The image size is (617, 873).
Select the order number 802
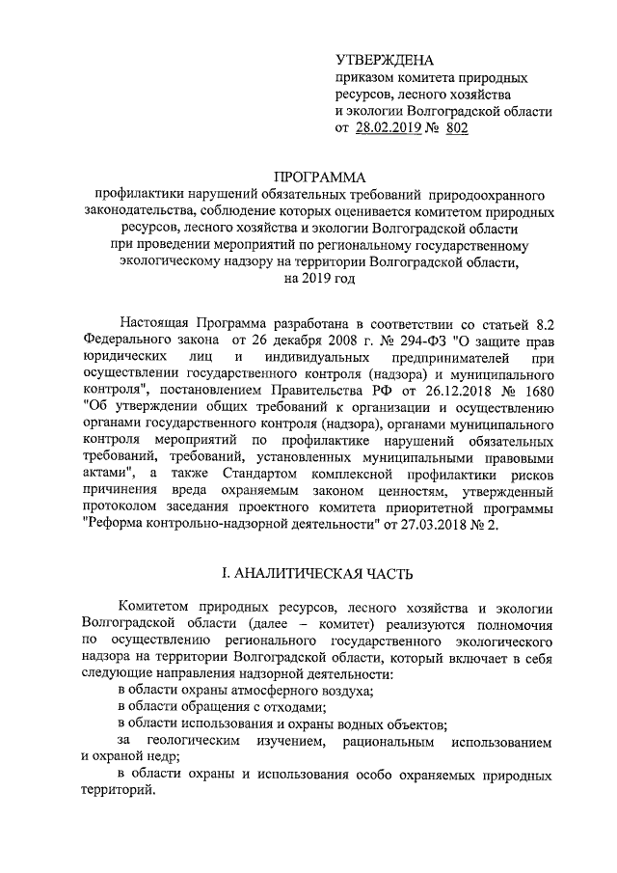[x=457, y=128]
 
